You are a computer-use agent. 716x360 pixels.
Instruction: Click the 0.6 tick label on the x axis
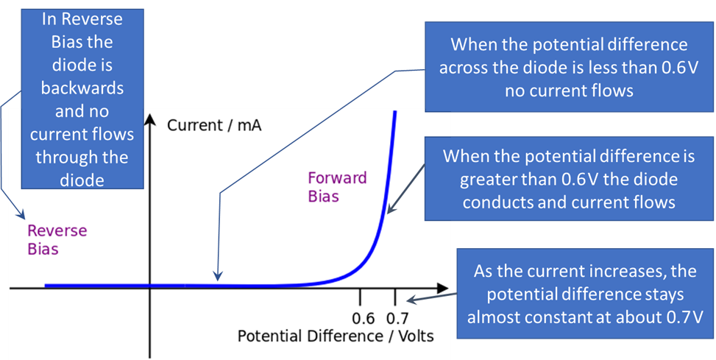coord(364,318)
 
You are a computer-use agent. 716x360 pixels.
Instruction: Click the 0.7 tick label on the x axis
coord(397,318)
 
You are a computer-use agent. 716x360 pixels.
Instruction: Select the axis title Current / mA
coord(214,125)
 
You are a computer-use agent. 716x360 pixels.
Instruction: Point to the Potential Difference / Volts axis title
coord(336,336)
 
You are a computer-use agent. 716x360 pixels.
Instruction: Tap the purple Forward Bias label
coord(337,187)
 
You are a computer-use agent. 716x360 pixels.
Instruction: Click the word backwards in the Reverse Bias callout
coord(82,88)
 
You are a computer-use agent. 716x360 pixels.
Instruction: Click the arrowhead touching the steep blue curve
coord(389,211)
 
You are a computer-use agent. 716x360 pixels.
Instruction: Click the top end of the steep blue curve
coord(396,112)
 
